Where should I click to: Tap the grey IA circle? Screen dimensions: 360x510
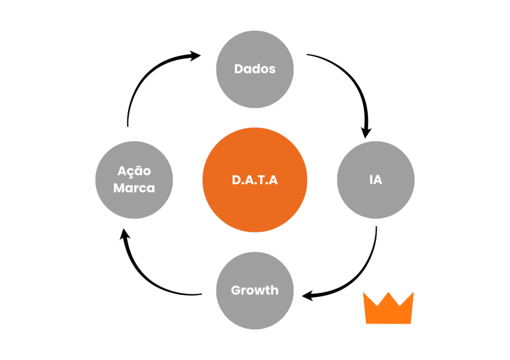click(x=376, y=179)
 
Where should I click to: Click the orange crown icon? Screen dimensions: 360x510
click(x=388, y=308)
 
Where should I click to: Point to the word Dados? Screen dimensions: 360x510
click(x=255, y=69)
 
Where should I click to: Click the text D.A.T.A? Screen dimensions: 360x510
click(x=254, y=180)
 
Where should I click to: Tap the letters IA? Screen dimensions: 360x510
click(x=376, y=180)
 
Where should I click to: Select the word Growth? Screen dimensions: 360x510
click(x=255, y=290)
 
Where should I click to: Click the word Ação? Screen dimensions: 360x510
click(x=134, y=171)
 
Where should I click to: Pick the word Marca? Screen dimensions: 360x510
click(x=134, y=188)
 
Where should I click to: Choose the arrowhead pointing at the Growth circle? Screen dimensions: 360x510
click(x=307, y=295)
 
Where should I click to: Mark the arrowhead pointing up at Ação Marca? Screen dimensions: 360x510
click(x=124, y=234)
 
